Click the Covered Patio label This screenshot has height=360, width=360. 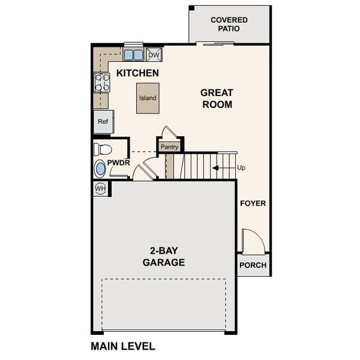click(229, 24)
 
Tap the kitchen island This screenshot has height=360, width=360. click(148, 98)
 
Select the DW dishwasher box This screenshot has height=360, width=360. click(154, 55)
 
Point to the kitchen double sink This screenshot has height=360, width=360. click(133, 55)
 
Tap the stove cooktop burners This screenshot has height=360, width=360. click(101, 82)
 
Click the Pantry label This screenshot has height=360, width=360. click(170, 146)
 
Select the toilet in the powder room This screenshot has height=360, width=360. click(103, 149)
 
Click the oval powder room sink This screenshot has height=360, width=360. click(100, 169)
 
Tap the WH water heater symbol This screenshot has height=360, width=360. click(100, 189)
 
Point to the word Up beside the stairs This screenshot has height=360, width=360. click(241, 168)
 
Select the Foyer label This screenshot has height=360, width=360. click(253, 203)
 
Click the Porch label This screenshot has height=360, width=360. click(253, 266)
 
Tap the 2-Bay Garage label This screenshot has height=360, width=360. click(163, 257)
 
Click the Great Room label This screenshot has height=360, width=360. click(216, 98)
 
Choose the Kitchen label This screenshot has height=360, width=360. click(137, 73)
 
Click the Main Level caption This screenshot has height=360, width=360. click(123, 346)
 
